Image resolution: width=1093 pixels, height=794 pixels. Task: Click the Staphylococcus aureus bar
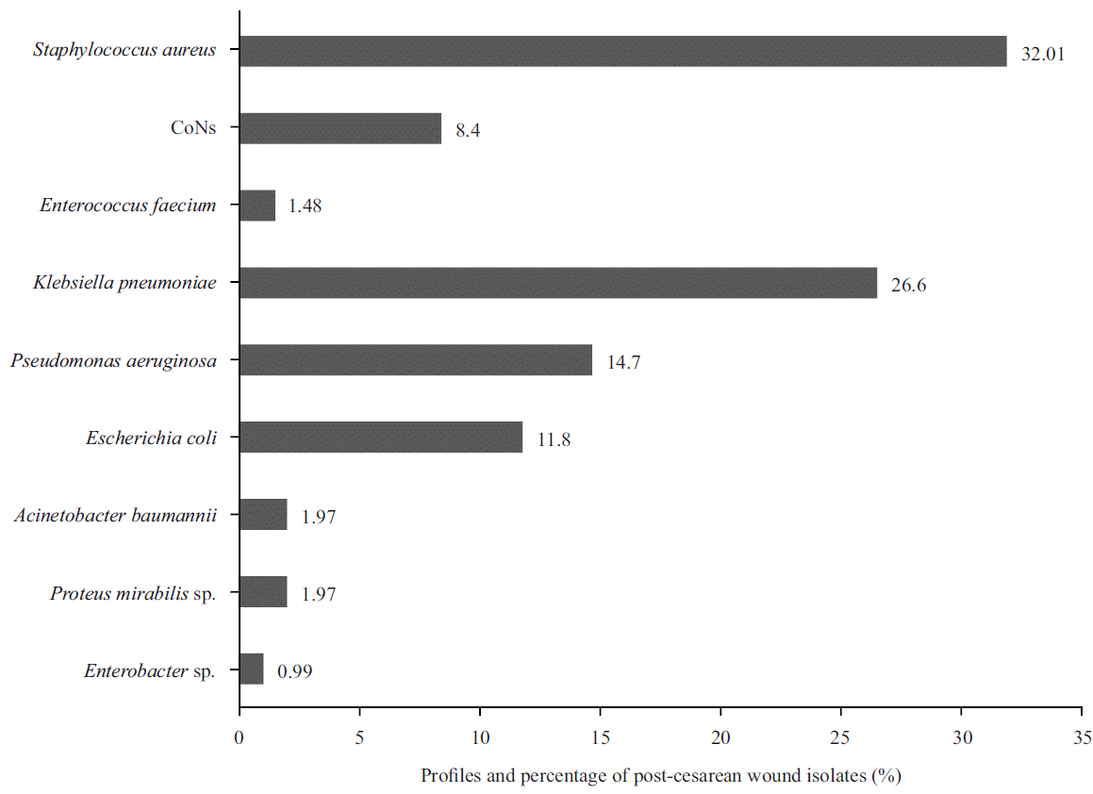tap(622, 51)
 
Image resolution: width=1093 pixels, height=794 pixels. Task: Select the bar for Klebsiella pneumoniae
tap(557, 283)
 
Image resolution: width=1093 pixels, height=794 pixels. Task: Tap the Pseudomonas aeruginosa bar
tap(415, 360)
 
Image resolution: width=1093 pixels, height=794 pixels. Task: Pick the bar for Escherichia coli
tap(380, 438)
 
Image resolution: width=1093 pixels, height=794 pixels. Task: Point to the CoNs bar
tap(339, 128)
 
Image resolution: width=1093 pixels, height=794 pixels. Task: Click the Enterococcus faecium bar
tap(257, 206)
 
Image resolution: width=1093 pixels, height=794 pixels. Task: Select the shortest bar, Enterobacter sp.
tap(251, 670)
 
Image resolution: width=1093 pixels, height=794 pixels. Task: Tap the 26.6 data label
tap(908, 286)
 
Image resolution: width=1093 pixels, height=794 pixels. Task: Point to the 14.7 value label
tap(624, 363)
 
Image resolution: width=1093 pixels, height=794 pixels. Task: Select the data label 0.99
tap(294, 672)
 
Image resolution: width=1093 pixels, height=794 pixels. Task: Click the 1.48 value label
tap(304, 207)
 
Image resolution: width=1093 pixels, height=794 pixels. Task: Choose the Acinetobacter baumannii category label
tap(116, 516)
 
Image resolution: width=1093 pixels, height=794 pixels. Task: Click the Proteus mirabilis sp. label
tap(132, 593)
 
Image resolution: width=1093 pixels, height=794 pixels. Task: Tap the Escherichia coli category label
tap(151, 438)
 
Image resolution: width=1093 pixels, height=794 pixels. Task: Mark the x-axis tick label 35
tap(1082, 736)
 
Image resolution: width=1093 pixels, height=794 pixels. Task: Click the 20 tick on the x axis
tap(720, 736)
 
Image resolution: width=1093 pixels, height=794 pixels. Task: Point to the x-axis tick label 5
tap(359, 736)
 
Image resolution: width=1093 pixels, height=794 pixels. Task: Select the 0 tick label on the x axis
tap(240, 736)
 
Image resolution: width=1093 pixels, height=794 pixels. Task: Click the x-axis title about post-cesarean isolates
tap(661, 776)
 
